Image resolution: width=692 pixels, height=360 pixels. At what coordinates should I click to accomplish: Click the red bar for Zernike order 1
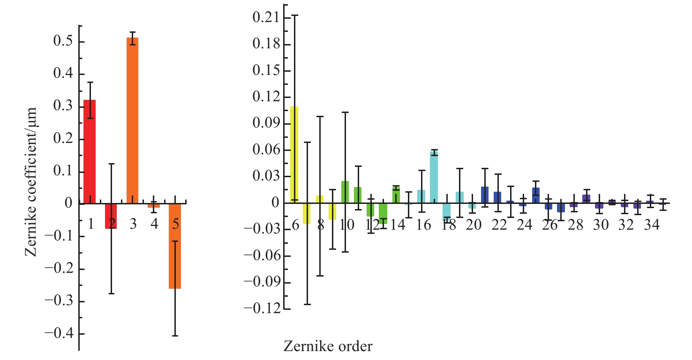[90, 152]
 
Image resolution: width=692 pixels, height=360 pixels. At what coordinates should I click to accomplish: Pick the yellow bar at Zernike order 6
[294, 155]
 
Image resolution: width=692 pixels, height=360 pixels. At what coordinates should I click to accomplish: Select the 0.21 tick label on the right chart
[265, 18]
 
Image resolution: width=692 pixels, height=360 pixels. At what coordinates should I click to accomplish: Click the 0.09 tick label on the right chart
[265, 124]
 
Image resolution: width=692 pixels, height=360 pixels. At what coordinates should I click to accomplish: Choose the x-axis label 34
[652, 225]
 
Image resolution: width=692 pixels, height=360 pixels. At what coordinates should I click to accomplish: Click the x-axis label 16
[424, 225]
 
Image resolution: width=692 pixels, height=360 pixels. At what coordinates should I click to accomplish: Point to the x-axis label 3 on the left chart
[133, 224]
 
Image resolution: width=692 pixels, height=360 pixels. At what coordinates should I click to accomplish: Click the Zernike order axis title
[328, 347]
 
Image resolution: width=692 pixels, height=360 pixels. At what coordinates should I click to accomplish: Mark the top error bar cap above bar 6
[294, 15]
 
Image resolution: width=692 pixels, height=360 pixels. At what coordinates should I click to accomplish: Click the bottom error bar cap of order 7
[307, 305]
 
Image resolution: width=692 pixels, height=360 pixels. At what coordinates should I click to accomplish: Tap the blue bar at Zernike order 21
[485, 195]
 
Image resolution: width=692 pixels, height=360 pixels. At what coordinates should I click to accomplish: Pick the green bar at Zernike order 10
[345, 192]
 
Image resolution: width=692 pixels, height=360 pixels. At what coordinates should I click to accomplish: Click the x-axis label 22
[500, 225]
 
